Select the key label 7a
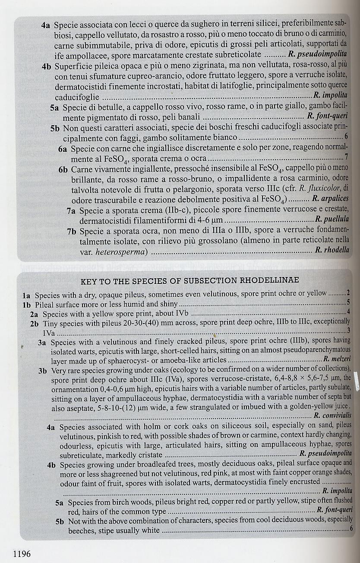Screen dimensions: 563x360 [73, 211]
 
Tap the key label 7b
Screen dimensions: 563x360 [73, 231]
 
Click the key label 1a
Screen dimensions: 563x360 [27, 296]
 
